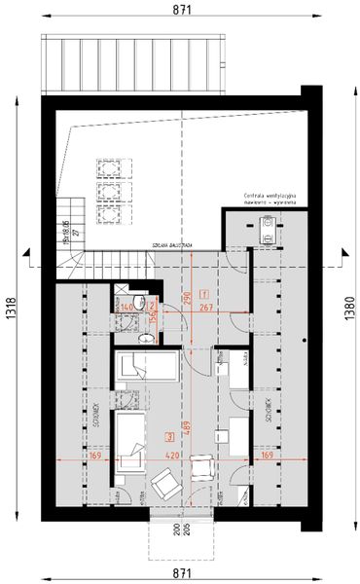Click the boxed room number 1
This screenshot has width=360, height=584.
[203, 293]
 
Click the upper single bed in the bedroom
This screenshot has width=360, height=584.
[145, 368]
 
